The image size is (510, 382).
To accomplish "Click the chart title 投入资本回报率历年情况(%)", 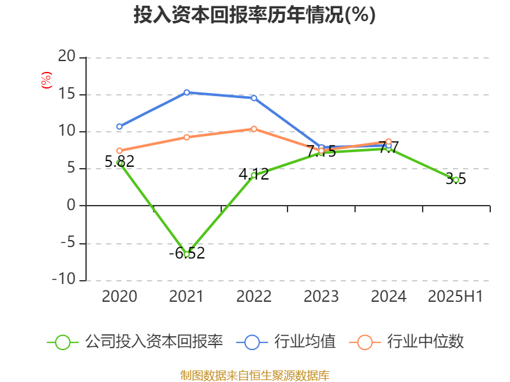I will point(254,15).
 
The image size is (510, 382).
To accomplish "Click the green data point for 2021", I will point(187,253).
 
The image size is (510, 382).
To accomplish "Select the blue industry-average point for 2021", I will point(187,92).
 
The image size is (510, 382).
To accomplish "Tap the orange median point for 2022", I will point(254,129).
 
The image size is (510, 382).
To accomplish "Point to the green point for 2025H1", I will point(455,180).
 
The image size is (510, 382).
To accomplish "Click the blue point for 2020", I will point(119,127).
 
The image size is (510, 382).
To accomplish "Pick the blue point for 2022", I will point(254,98).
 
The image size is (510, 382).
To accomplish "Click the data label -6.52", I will point(187,253).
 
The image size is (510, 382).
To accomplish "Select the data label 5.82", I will point(119,162).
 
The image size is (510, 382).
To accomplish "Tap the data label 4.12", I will point(254,174).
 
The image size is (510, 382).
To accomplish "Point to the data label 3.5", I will point(455,180).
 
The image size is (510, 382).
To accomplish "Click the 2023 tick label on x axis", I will point(321,297).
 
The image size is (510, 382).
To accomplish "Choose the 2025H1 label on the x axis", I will point(455,297).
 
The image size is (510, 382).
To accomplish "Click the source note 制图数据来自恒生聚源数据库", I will point(254,375).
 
